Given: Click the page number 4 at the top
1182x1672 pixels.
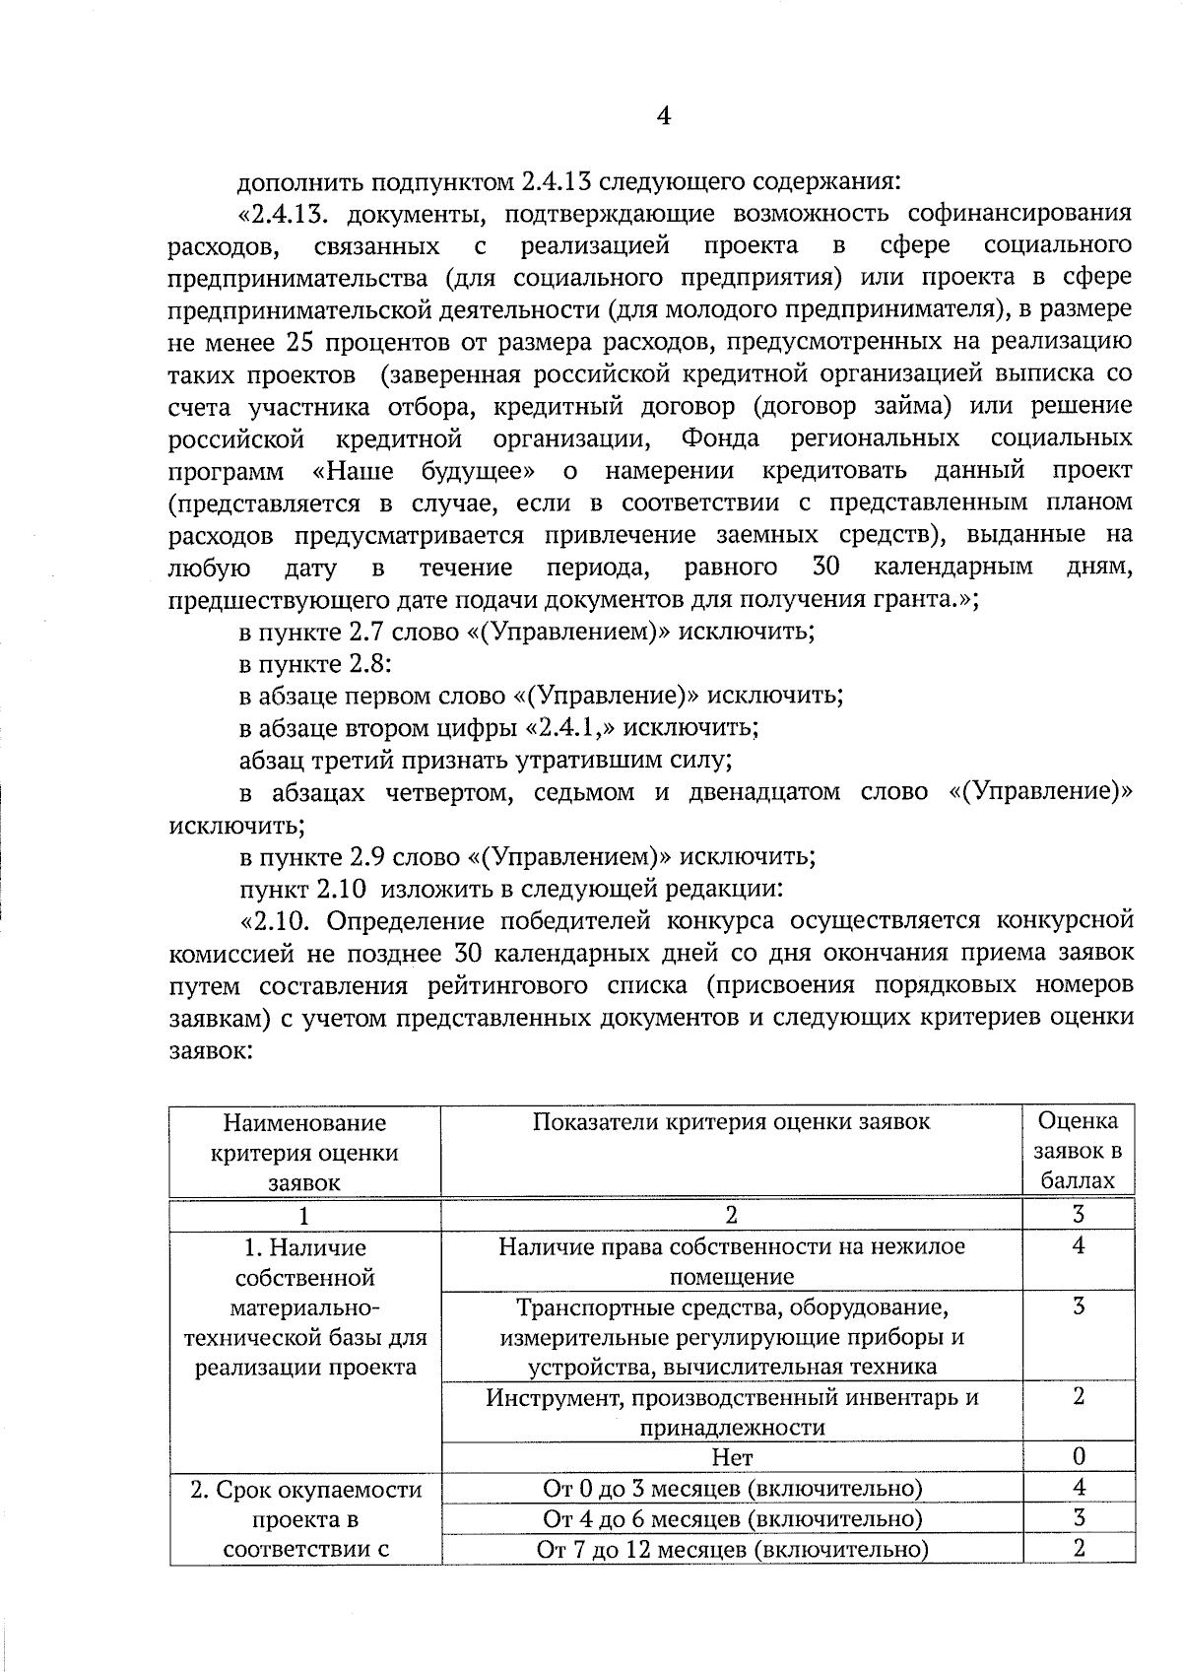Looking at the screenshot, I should pyautogui.click(x=663, y=117).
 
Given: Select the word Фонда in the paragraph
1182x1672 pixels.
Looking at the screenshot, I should pyautogui.click(x=719, y=437).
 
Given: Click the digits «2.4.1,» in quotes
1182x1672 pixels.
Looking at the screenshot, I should pyautogui.click(x=572, y=728).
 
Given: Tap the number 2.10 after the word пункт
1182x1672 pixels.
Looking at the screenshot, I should pyautogui.click(x=341, y=889).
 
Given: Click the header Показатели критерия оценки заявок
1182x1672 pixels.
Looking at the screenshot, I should pyautogui.click(x=731, y=1122).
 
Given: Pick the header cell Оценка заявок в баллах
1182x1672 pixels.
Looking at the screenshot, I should pyautogui.click(x=1079, y=1150).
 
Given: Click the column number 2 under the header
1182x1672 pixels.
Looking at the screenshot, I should pyautogui.click(x=731, y=1215).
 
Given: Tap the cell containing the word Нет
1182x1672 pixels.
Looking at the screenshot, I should pyautogui.click(x=731, y=1456).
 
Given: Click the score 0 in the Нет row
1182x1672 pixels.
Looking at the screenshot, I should pyautogui.click(x=1079, y=1456).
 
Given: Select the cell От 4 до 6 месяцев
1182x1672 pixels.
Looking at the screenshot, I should pyautogui.click(x=731, y=1518).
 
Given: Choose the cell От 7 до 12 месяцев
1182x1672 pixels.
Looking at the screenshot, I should pyautogui.click(x=731, y=1550).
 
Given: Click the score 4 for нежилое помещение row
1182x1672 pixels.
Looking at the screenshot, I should pyautogui.click(x=1079, y=1246).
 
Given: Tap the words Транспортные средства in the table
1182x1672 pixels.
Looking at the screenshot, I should pyautogui.click(x=630, y=1308).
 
